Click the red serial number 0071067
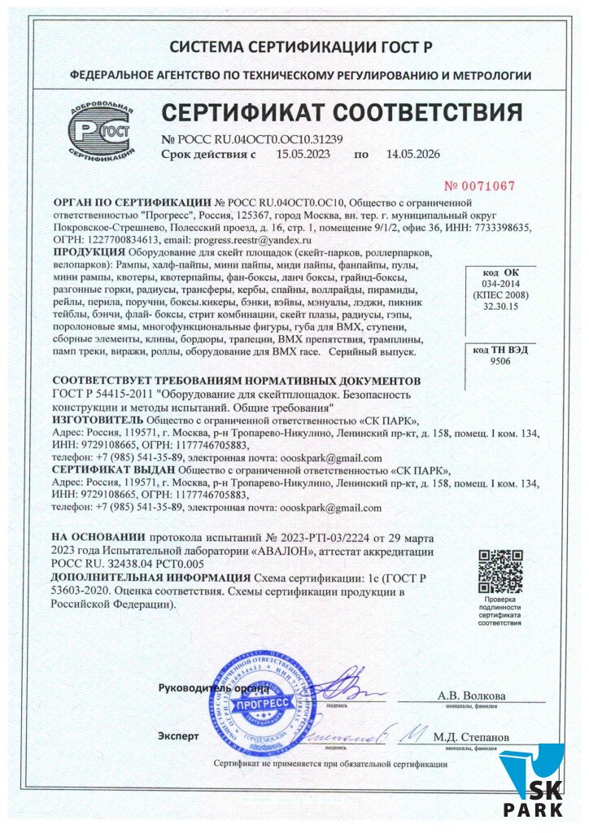click(x=479, y=185)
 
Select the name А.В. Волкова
click(x=472, y=696)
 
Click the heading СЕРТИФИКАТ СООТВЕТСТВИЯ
click(x=341, y=111)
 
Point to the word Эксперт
click(x=178, y=736)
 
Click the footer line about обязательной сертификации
click(x=330, y=765)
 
